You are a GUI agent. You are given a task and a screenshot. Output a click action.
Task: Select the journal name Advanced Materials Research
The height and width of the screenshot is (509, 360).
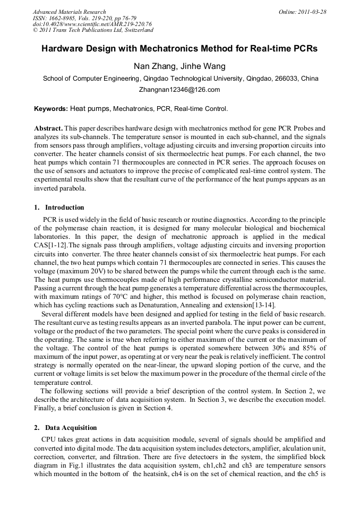coord(69,12)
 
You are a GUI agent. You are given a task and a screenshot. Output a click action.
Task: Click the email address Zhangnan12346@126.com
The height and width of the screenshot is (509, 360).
coord(179,90)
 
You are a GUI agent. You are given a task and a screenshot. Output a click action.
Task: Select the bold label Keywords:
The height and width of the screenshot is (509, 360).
coord(51,109)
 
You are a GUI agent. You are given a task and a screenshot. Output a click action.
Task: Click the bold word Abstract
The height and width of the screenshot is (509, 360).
coord(48,129)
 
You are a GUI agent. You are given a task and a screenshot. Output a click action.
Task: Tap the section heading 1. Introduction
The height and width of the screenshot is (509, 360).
coord(59,208)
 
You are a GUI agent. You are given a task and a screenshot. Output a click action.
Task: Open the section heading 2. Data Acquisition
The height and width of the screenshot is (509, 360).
coord(63,428)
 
